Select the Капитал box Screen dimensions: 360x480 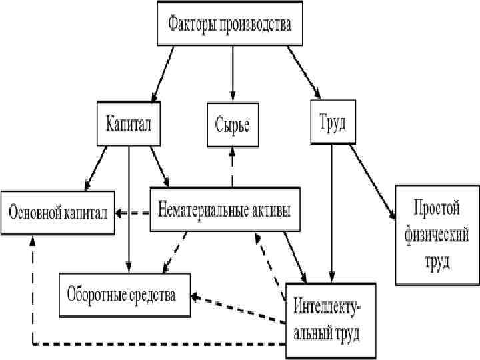pos(129,123)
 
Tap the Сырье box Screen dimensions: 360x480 pos(232,124)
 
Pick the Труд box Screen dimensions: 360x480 pos(333,123)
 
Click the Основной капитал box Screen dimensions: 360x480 pos(57,213)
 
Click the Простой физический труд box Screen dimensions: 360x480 pos(437,235)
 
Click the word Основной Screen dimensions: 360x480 pos(34,213)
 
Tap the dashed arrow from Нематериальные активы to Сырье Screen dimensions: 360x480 pos(232,167)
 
